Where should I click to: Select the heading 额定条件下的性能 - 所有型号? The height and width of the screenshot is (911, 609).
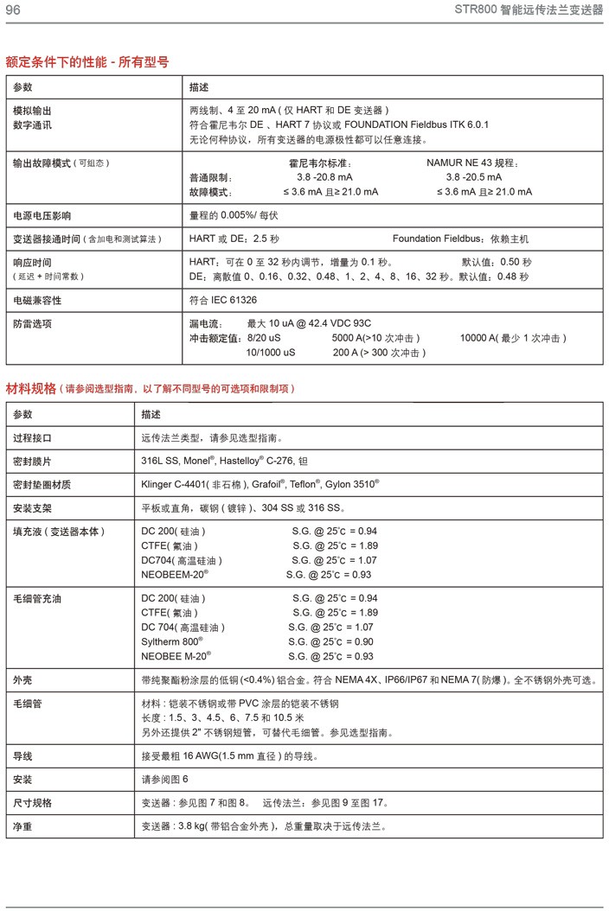87,62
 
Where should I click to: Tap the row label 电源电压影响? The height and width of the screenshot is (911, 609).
42,215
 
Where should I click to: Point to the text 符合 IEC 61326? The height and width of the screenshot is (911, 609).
223,301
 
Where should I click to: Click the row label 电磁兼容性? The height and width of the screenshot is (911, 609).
37,301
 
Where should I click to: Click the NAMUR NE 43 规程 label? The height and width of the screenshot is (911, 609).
472,162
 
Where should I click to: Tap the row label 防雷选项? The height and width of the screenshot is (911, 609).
32,323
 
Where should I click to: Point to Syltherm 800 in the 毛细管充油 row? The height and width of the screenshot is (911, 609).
172,641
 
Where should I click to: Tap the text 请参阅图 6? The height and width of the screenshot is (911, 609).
164,780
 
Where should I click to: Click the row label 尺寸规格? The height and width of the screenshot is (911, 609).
32,803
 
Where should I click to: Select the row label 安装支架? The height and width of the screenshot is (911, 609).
32,507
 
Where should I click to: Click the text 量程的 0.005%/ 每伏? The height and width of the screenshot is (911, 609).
234,215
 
